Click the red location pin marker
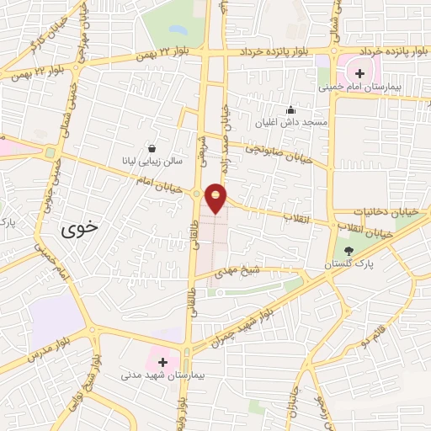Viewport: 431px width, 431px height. coord(216,197)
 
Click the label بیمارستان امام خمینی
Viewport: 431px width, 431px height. coord(360,87)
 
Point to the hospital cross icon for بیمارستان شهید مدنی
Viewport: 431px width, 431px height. coord(162,361)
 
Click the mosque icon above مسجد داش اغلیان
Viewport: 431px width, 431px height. coord(291,109)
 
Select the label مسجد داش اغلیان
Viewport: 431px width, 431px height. coord(291,123)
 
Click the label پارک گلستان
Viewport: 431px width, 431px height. coord(352,264)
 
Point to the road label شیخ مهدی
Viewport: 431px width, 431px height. coord(239,272)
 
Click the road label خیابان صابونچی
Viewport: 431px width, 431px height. coord(278,151)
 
